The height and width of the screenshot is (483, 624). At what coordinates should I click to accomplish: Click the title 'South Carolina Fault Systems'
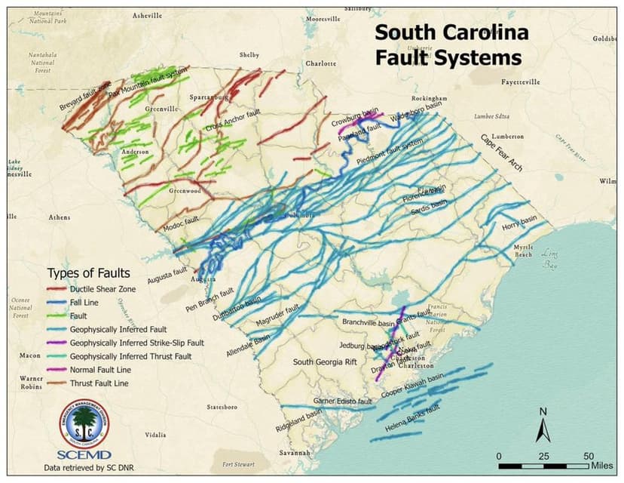tap(451, 45)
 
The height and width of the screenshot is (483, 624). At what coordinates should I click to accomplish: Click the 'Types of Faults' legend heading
tap(88, 272)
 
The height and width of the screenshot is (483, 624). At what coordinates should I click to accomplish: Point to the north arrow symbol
tap(542, 427)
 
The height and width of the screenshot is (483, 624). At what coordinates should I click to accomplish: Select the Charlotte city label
tap(320, 63)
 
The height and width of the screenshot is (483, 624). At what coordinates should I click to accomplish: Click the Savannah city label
tap(294, 453)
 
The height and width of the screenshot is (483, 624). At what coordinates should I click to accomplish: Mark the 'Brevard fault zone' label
tap(84, 97)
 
